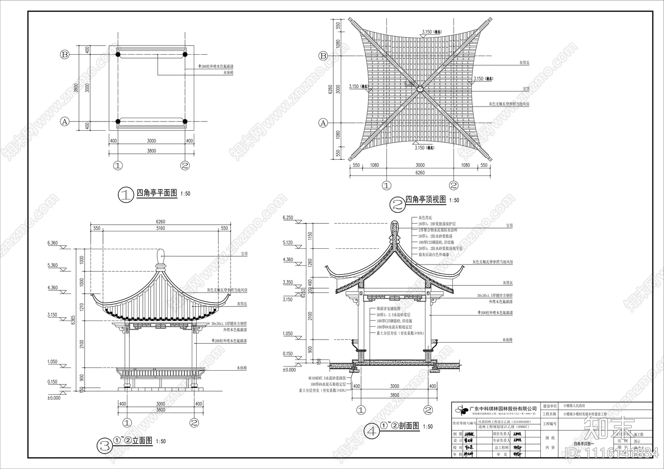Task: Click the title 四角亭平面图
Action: (x=156, y=193)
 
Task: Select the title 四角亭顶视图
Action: (x=425, y=200)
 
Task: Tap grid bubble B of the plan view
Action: (x=65, y=54)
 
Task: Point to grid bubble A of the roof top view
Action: (x=323, y=123)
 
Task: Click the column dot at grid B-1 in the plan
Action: (x=118, y=54)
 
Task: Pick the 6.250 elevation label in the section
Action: (x=288, y=218)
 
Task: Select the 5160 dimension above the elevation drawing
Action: (x=160, y=228)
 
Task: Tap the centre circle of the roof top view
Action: (x=420, y=88)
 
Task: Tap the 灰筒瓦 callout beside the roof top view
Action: (x=525, y=63)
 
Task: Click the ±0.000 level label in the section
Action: (x=289, y=370)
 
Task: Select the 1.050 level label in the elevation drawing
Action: (x=52, y=362)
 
